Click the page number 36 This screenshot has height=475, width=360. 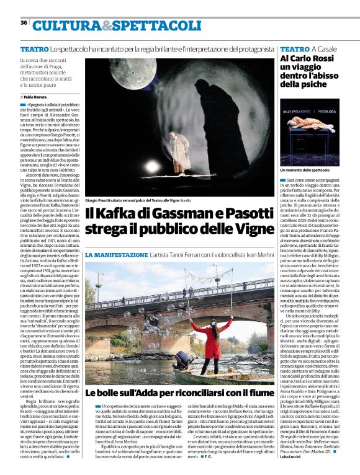(x=24, y=22)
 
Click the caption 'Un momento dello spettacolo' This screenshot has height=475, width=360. (x=305, y=169)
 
